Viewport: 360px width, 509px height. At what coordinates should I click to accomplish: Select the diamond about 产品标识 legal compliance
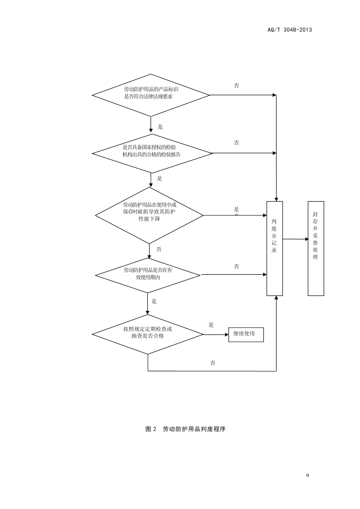coord(151,95)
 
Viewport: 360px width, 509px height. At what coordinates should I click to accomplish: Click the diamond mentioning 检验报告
coord(152,153)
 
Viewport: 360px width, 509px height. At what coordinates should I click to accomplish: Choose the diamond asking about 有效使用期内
coord(148,274)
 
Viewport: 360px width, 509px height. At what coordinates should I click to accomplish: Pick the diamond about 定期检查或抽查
coord(148,334)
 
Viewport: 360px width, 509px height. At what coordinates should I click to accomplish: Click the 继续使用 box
coord(245,334)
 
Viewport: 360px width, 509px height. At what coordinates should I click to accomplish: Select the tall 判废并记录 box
coord(274,248)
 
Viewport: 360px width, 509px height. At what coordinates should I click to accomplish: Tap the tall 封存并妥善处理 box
coord(316,248)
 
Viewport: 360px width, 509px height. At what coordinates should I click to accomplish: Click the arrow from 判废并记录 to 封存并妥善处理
coord(295,239)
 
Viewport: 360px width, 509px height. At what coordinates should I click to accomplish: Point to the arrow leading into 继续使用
coord(215,334)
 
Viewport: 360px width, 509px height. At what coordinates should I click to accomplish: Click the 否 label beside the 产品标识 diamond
coord(237,86)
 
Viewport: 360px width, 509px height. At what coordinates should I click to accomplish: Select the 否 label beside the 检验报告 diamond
coord(237,143)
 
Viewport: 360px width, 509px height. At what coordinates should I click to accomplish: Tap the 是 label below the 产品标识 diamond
coord(160,127)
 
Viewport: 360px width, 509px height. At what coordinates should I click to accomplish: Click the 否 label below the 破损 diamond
coord(159,250)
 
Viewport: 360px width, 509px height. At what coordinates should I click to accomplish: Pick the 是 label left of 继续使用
coord(211,325)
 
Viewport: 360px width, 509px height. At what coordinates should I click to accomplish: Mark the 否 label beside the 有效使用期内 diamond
coord(237,267)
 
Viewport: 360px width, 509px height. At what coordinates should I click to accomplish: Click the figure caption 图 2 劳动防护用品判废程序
coord(185,429)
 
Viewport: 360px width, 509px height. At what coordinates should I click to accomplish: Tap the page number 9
coord(308,475)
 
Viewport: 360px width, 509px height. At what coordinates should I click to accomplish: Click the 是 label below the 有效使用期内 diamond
coord(154,301)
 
